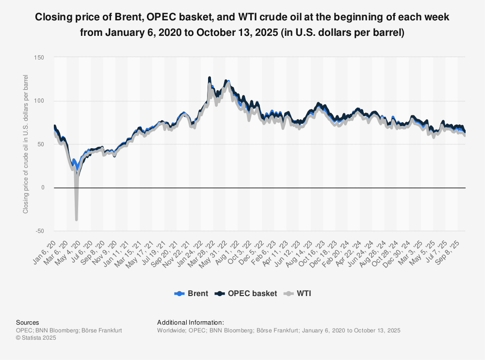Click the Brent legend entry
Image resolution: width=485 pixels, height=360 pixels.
coord(192,294)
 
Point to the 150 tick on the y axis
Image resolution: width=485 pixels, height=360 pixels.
coord(39,58)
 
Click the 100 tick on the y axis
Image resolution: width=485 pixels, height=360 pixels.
coord(39,101)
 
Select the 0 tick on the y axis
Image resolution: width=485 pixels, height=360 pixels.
coord(42,188)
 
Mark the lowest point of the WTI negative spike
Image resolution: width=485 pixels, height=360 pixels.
coord(76,220)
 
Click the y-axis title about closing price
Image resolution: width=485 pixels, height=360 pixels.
coord(26,144)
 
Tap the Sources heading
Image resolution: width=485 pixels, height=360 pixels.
coord(27,322)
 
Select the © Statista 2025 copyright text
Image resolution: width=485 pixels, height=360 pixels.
coord(36,338)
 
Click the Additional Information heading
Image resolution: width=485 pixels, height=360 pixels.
coord(191,322)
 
